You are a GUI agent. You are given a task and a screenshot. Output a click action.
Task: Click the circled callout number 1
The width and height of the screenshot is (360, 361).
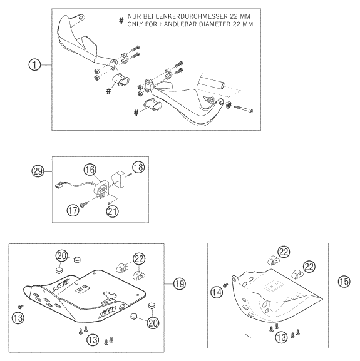34,64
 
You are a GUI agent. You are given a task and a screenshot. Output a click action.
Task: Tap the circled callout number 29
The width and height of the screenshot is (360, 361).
38,171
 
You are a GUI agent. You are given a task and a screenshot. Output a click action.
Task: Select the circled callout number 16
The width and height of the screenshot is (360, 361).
90,170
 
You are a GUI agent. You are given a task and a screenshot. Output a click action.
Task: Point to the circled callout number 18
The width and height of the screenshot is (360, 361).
138,167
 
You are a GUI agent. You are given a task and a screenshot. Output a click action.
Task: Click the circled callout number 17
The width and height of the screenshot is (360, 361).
73,210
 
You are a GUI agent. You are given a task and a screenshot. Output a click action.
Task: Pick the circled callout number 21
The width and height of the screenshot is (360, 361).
113,211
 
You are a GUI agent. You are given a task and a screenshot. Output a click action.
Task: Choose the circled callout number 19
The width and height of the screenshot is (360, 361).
180,283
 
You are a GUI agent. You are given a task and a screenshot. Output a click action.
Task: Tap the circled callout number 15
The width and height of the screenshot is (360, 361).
344,282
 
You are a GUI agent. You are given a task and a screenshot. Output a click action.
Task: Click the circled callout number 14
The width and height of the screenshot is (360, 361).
217,292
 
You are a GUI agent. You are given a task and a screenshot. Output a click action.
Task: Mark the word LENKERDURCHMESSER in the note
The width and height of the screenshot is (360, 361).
193,16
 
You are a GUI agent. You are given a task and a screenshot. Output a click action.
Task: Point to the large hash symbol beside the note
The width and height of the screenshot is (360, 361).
121,21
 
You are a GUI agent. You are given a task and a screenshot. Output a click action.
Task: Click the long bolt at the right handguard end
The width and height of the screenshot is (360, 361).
244,109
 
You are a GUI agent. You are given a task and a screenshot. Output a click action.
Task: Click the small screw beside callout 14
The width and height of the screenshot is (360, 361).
225,285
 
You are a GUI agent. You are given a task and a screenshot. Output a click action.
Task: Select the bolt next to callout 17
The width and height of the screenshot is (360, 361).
83,204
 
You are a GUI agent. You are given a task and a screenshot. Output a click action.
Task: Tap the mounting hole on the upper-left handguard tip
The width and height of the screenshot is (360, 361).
80,18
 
